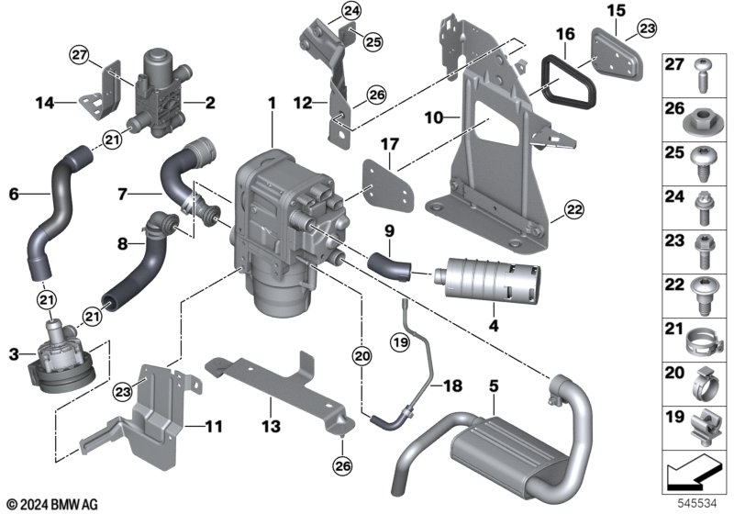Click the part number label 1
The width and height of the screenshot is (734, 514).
point(272,104)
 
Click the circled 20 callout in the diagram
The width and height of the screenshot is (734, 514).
point(361,357)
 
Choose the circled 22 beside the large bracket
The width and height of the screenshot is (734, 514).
point(574,209)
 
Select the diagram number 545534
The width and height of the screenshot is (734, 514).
point(697,504)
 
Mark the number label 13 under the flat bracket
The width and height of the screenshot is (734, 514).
point(272,427)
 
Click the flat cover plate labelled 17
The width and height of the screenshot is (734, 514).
point(388,185)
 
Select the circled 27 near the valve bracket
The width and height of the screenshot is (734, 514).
point(79,55)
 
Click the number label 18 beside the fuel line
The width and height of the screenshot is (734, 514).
point(452,385)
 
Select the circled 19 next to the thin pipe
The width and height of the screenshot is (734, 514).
point(401,342)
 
